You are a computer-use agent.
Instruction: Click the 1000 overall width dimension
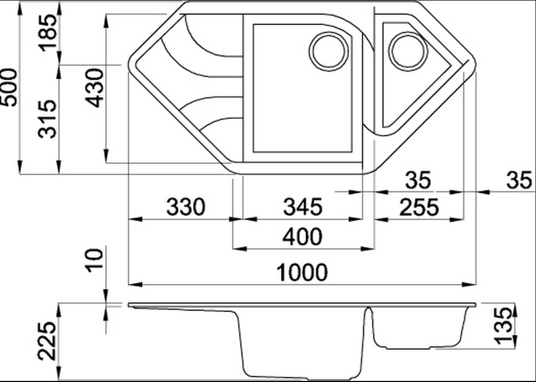(302, 272)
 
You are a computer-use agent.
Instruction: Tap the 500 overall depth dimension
(9, 87)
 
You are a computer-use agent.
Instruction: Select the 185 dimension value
(47, 33)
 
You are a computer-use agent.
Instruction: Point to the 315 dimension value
(47, 118)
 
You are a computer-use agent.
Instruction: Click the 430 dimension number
(94, 88)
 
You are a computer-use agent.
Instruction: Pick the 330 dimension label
(186, 207)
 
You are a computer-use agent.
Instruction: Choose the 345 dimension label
(303, 207)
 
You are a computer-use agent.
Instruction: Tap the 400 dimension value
(303, 236)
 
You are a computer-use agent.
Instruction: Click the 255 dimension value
(419, 207)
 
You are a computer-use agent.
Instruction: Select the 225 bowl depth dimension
(47, 341)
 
